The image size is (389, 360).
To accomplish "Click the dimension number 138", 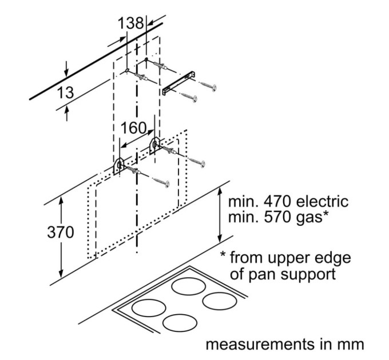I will click(x=131, y=25).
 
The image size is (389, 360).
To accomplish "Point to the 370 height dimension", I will click(x=61, y=234).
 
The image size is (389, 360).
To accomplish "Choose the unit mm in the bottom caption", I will click(x=351, y=345).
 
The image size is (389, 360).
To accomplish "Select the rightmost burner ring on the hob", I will click(x=220, y=301).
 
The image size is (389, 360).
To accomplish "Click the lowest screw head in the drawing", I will click(x=166, y=183).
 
